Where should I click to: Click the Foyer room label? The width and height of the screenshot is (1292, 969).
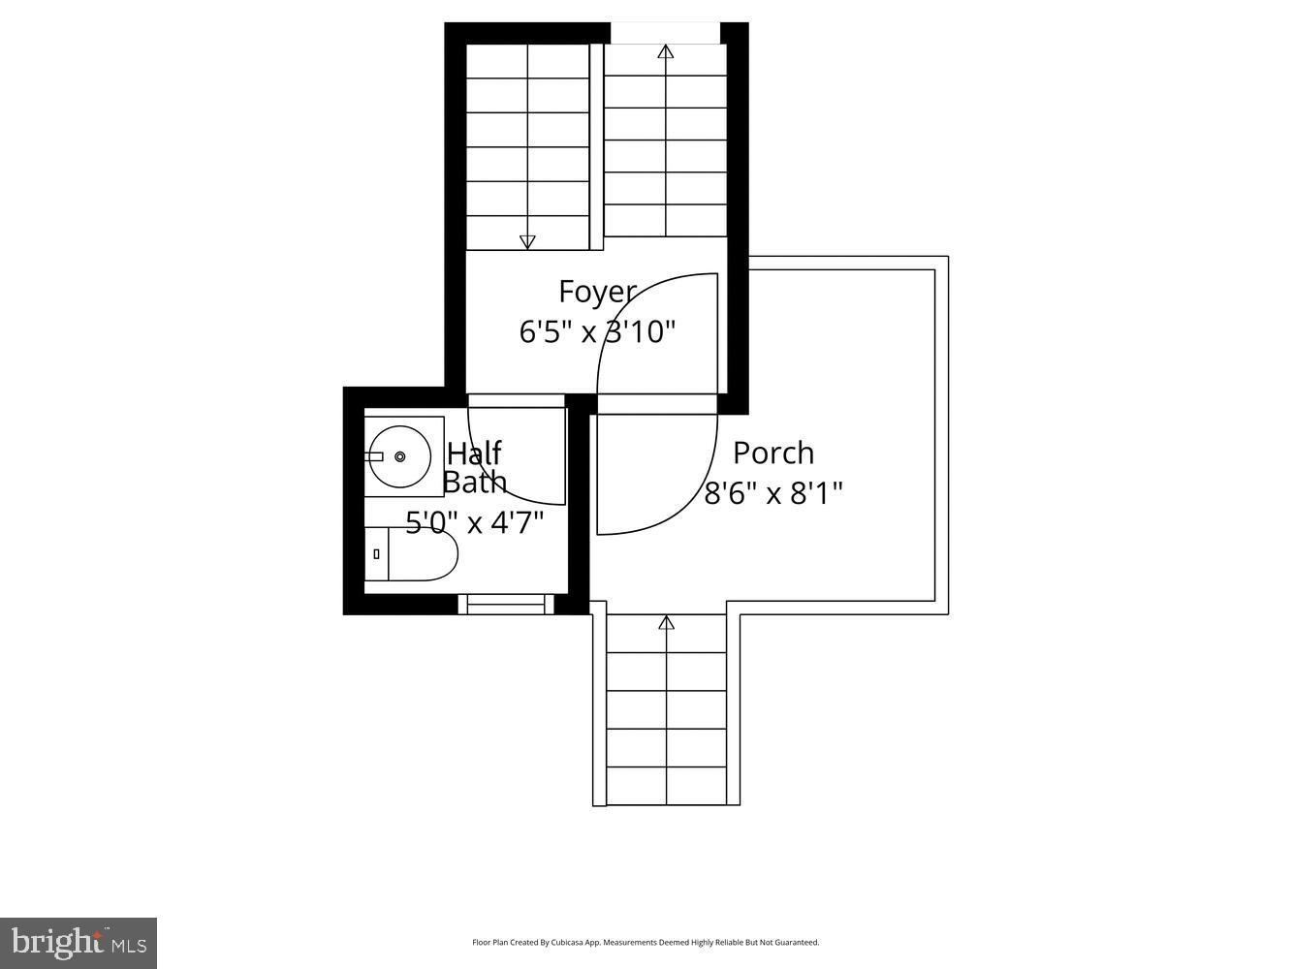(597, 292)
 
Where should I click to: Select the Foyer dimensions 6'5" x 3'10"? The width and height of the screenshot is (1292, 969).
(597, 332)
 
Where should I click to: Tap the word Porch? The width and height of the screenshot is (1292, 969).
(772, 453)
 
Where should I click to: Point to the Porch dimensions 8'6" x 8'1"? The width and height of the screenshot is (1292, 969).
(772, 494)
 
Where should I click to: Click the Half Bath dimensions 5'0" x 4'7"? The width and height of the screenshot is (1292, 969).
(474, 523)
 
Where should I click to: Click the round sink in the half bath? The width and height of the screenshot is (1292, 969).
(398, 456)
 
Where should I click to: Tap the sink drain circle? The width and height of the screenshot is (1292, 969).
(399, 456)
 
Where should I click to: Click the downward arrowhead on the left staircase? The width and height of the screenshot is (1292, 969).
(527, 242)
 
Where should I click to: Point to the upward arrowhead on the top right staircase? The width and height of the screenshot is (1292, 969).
(665, 51)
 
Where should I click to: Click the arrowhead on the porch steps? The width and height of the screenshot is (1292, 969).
(666, 623)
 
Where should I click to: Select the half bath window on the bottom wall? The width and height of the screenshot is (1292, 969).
(505, 605)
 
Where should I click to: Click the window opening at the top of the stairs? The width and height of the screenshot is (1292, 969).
(665, 32)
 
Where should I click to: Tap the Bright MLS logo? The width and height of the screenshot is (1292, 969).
(79, 942)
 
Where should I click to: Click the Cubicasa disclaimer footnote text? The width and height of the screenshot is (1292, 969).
(646, 942)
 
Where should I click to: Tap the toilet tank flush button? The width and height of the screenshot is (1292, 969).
(376, 554)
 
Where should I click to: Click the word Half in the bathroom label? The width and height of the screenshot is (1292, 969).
(474, 453)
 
